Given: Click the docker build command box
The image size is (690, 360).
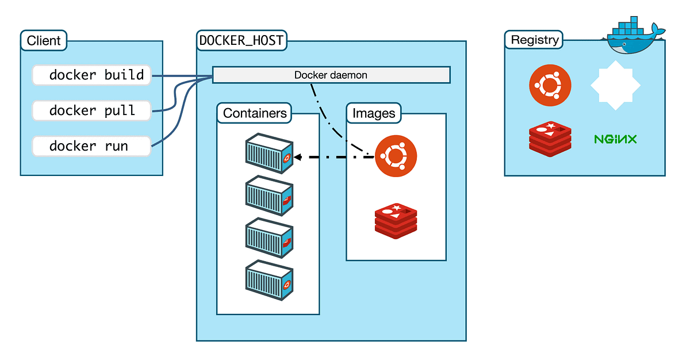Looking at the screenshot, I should point(92,75).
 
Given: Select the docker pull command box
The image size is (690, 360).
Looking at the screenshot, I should point(92,110).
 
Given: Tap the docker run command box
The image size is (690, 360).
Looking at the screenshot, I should point(92,146).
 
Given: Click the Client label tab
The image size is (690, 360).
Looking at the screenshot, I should point(44,41).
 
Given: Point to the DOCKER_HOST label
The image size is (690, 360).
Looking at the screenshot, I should point(241,41).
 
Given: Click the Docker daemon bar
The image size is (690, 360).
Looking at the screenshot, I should point(331,75).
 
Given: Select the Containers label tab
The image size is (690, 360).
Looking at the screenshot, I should point(255,113).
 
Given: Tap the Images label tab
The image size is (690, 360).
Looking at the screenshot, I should point(374,113).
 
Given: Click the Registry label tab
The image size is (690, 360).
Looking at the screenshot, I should point(534,40).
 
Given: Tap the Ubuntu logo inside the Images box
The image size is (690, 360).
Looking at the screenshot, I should point(396,156).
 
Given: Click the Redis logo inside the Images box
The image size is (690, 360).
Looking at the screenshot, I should point(396,220).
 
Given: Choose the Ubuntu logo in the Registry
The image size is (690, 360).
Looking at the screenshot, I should point(550,86).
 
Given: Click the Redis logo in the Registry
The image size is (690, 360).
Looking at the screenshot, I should point(550,139).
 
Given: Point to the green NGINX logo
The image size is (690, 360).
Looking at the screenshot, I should point(615,139).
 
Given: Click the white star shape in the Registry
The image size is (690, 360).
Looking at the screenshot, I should point(615,86).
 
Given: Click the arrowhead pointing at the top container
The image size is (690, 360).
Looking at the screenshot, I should point(297,156).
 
